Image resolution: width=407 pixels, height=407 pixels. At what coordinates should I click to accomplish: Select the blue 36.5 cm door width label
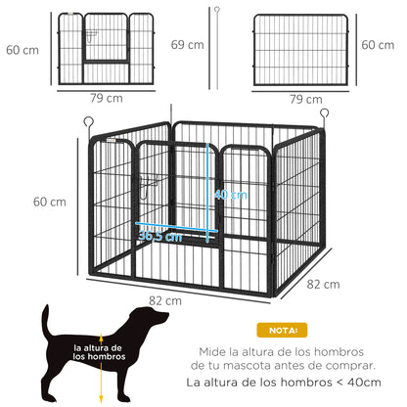tap(159, 236)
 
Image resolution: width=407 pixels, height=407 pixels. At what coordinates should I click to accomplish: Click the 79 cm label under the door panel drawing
tap(106, 97)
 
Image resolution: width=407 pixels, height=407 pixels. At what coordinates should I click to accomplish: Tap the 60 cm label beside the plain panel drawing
tap(382, 45)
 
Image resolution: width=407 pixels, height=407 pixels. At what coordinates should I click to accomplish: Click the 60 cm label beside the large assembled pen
tap(50, 202)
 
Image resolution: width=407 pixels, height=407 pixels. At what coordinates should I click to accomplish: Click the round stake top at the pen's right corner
tap(322, 113)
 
